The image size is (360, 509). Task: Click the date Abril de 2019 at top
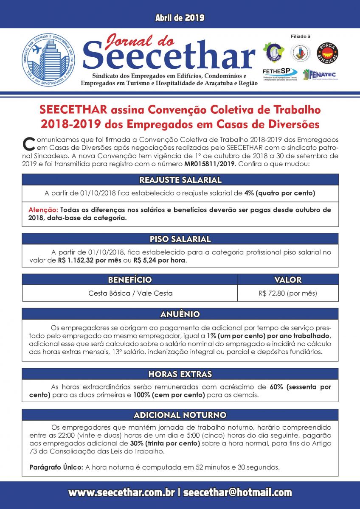[180, 18]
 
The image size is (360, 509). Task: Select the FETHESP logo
[279, 75]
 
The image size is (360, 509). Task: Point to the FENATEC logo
[321, 75]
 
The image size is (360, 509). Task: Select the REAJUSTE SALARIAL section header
[180, 180]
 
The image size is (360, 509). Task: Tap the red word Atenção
[43, 210]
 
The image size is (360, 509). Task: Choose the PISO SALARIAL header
[180, 239]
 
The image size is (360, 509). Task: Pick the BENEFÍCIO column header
[129, 280]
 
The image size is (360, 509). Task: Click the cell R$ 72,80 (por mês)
[287, 293]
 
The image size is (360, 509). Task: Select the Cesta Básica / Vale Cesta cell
[130, 293]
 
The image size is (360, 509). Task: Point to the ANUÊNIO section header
[180, 314]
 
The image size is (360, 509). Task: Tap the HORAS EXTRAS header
[180, 374]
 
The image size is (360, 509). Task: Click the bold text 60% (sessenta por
[300, 387]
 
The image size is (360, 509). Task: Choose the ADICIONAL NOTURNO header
[180, 415]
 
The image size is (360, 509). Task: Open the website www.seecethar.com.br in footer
[121, 492]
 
